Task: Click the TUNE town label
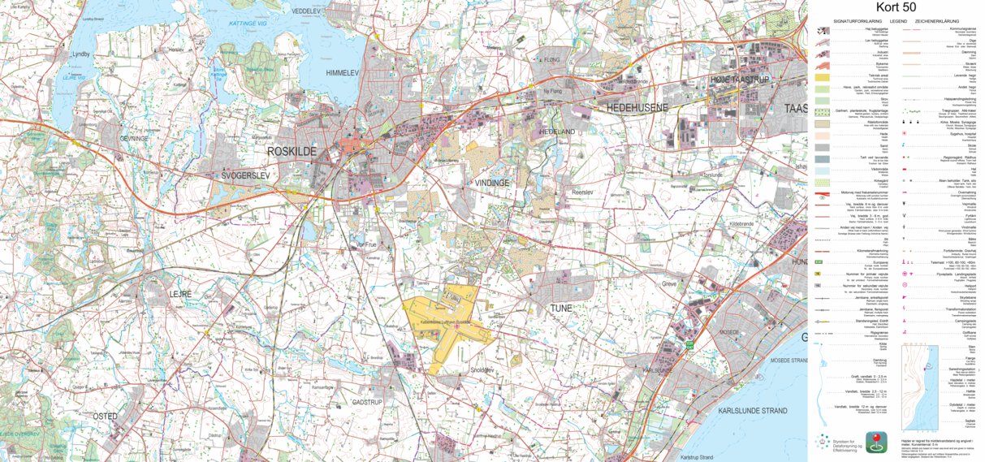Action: click(561, 309)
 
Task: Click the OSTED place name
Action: click(105, 417)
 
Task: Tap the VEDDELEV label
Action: click(307, 11)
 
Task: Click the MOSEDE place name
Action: click(728, 332)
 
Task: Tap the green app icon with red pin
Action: click(875, 442)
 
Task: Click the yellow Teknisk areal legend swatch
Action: click(822, 77)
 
